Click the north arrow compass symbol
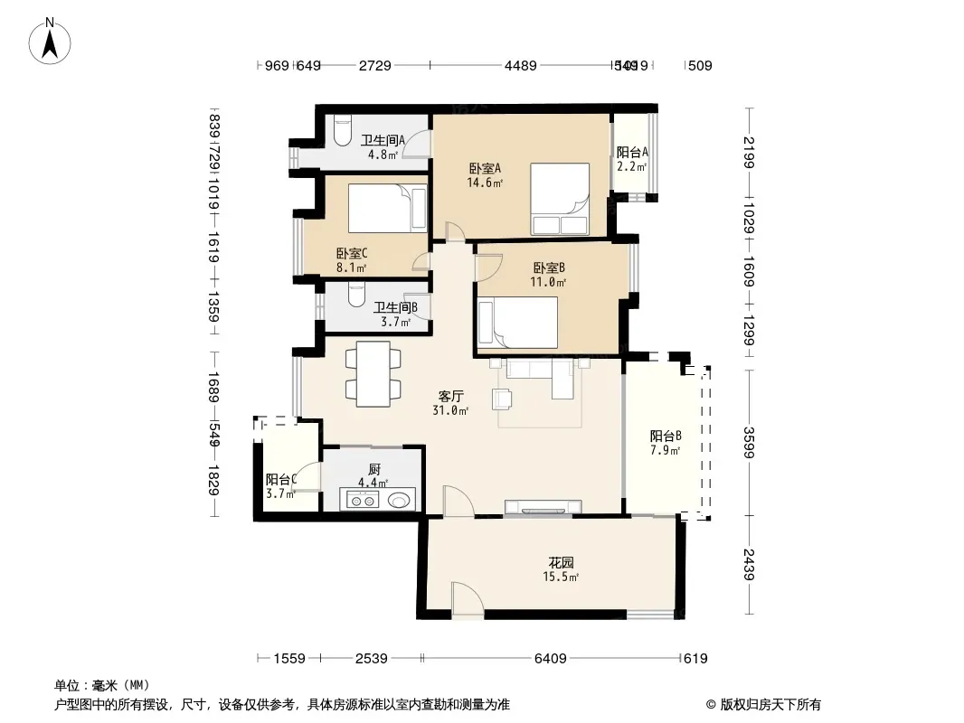(52, 41)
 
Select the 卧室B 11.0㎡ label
(549, 274)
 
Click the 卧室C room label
(351, 260)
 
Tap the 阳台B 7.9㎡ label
(665, 442)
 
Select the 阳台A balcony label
(632, 159)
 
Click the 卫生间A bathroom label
(382, 146)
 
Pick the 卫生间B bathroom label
(395, 314)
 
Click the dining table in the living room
(373, 373)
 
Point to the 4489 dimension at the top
(520, 65)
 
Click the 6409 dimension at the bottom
(550, 659)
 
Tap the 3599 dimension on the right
(747, 442)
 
